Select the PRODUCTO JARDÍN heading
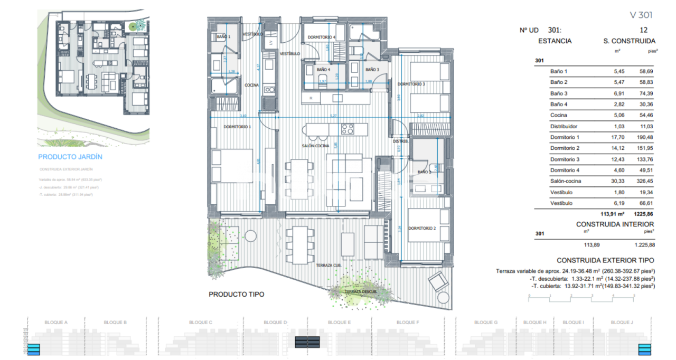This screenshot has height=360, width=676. pyautogui.click(x=70, y=157)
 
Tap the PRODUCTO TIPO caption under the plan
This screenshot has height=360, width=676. pyautogui.click(x=237, y=295)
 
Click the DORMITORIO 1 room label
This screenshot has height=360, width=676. pyautogui.click(x=237, y=127)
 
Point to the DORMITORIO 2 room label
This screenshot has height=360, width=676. pyautogui.click(x=421, y=228)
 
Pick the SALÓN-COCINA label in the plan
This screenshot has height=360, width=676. pyautogui.click(x=316, y=146)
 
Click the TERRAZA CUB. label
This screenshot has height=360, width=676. pyautogui.click(x=328, y=266)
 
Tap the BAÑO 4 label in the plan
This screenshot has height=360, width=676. pyautogui.click(x=323, y=69)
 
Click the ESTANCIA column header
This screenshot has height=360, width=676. pyautogui.click(x=555, y=41)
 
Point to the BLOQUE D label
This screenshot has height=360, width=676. pyautogui.click(x=275, y=322)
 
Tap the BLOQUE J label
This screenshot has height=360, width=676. pyautogui.click(x=622, y=322)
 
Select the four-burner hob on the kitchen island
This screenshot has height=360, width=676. pyautogui.click(x=347, y=129)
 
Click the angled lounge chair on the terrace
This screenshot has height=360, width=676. pyautogui.click(x=438, y=282)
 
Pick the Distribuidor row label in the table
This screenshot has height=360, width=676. pyautogui.click(x=564, y=126)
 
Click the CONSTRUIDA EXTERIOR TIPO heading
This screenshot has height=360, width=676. pyautogui.click(x=605, y=260)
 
